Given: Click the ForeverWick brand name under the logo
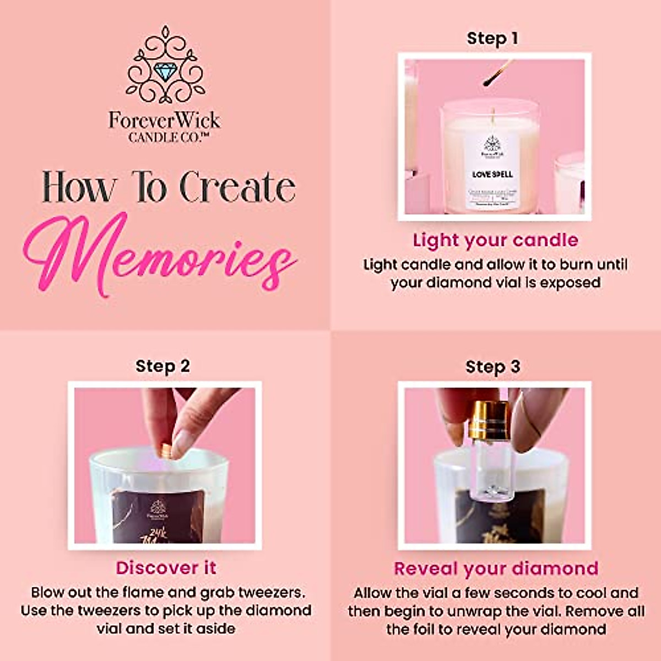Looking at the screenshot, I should coord(164,120).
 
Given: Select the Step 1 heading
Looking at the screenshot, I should coord(492,38).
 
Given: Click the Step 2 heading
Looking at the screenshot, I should coord(162,366).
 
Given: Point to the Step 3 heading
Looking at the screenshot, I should coord(492,367).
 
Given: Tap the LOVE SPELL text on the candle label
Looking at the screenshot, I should coord(492,175).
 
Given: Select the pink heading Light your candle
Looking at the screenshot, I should coord(495,240).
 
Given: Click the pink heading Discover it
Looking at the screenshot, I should coord(166,568).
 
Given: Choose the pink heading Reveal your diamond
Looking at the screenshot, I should coord(496,568).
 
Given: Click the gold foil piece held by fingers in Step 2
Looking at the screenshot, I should coord(164,450).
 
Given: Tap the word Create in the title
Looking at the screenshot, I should coord(237,187).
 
